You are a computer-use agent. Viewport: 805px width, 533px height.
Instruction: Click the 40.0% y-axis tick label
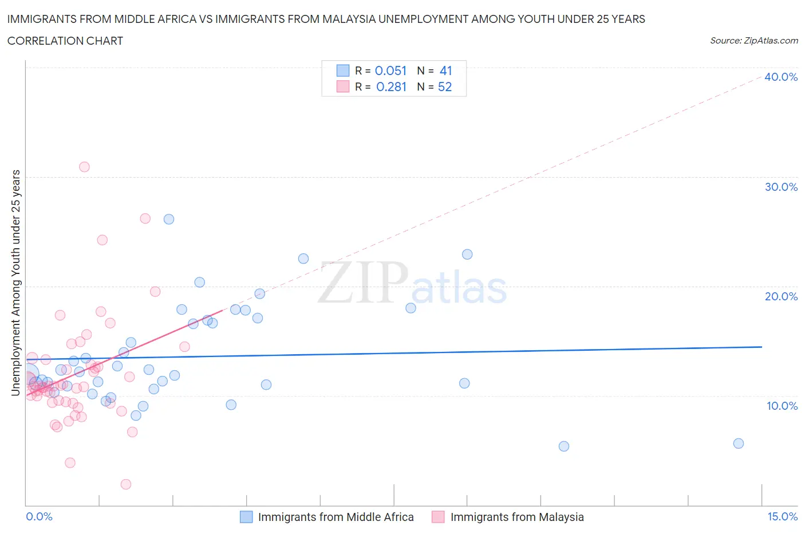[781, 77]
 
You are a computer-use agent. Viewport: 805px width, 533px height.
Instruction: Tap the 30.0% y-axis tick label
[781, 187]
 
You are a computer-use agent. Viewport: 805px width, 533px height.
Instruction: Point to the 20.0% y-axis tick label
[781, 296]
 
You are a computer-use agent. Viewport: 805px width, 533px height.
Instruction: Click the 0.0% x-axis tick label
[39, 516]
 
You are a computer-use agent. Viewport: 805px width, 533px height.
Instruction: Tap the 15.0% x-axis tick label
[782, 516]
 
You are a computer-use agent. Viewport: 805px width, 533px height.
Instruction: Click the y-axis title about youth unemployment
[16, 283]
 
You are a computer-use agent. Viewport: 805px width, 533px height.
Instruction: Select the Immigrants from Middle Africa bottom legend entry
[336, 517]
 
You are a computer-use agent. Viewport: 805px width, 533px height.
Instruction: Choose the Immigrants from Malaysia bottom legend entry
[516, 517]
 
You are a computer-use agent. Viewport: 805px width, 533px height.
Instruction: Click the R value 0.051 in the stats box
[390, 70]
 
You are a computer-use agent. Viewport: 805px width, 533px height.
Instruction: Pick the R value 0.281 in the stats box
[391, 87]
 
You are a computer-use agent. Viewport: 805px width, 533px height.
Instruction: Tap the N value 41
[445, 70]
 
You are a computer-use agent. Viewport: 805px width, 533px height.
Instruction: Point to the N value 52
[445, 87]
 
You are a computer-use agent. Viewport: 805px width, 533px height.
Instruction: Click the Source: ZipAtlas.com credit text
[753, 41]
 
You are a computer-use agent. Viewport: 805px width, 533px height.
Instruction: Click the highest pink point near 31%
[84, 167]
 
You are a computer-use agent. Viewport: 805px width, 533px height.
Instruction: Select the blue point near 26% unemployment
[169, 219]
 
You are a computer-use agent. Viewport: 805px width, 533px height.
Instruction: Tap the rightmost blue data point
[739, 443]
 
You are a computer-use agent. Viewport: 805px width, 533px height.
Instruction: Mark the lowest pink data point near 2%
[126, 484]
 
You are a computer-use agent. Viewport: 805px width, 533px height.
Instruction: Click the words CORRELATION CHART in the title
[65, 41]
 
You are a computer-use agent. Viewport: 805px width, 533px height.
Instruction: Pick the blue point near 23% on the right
[467, 254]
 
